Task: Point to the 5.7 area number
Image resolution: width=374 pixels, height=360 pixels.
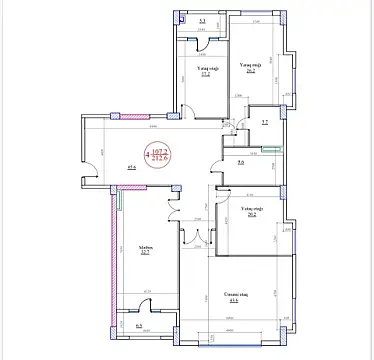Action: [262, 122]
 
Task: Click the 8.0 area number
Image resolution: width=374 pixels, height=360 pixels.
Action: [242, 161]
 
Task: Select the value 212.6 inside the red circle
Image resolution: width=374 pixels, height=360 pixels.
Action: [159, 157]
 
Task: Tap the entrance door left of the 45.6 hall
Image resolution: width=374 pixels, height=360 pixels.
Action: [89, 178]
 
